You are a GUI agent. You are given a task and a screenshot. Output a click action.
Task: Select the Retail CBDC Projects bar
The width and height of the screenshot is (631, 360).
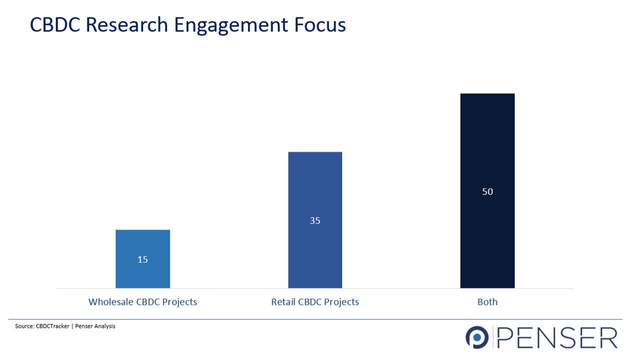[315, 190]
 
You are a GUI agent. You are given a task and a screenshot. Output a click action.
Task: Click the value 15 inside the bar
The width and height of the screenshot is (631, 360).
[142, 259]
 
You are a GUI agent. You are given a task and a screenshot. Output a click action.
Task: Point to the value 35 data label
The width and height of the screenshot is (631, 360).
[315, 220]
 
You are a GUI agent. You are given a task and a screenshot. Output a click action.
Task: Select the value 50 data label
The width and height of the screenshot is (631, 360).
[487, 191]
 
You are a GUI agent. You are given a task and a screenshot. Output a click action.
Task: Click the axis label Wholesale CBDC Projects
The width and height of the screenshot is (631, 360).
[142, 302]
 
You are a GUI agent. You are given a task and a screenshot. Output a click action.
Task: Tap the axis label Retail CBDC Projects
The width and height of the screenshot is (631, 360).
[315, 302]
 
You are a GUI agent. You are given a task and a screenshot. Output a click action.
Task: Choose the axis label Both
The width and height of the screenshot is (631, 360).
[487, 302]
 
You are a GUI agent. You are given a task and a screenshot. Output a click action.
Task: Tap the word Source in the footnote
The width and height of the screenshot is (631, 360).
[24, 326]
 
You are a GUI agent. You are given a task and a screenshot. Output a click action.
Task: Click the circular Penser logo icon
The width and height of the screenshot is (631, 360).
[476, 337]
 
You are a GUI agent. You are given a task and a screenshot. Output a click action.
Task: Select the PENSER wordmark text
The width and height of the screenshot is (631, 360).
[558, 338]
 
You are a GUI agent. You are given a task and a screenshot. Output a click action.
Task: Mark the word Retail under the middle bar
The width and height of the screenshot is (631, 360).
[283, 302]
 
